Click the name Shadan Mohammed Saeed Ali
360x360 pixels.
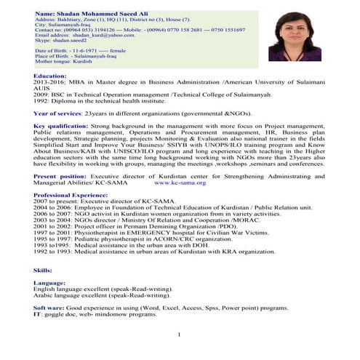pyautogui.click(x=82, y=14)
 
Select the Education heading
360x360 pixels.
pyautogui.click(x=50, y=76)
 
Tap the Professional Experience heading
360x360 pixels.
pyautogui.click(x=70, y=196)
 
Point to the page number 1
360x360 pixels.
pyautogui.click(x=179, y=335)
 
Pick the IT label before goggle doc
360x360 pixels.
pyautogui.click(x=37, y=315)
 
